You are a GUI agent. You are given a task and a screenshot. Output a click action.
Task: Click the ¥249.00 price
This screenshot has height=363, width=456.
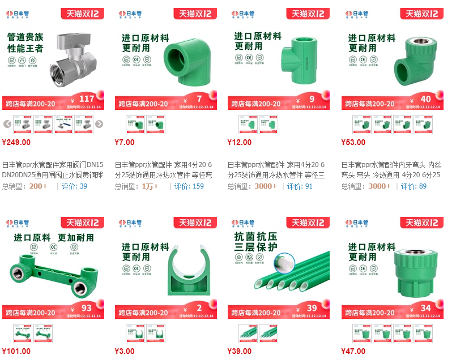[x=16, y=142]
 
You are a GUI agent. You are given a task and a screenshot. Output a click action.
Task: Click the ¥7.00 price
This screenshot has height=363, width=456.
[x=125, y=142]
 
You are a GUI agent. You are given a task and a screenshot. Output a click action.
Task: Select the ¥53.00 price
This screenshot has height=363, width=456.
[x=353, y=142]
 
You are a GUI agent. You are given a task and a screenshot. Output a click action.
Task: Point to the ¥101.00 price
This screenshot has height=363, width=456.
[x=16, y=351]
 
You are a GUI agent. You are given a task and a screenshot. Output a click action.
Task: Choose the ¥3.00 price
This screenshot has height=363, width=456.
[x=125, y=351]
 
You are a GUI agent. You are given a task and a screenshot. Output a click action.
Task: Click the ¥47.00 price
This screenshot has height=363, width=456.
[x=353, y=351]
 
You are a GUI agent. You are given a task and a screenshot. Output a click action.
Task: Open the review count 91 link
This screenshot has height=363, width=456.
[x=309, y=186]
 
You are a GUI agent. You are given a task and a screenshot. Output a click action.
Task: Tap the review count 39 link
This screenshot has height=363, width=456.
[x=83, y=186]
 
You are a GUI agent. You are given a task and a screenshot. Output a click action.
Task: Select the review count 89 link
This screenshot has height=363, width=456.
[x=423, y=186]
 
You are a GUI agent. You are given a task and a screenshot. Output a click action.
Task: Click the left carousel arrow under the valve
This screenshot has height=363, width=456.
[x=7, y=124]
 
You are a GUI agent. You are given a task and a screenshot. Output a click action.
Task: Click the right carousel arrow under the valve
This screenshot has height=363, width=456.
[x=99, y=124]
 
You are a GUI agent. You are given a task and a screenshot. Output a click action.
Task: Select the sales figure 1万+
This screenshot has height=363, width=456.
[x=150, y=186]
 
